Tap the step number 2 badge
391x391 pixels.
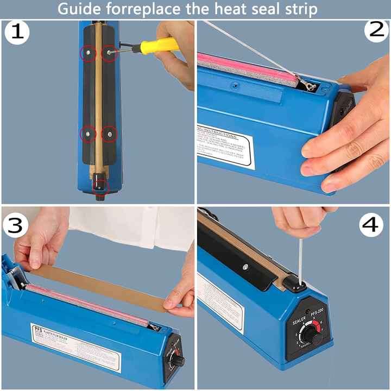tap(376, 31)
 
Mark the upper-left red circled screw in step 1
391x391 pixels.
tap(89, 53)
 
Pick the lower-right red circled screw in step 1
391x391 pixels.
tap(109, 133)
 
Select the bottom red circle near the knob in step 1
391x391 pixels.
tap(100, 185)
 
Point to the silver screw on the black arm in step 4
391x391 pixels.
tap(245, 266)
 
